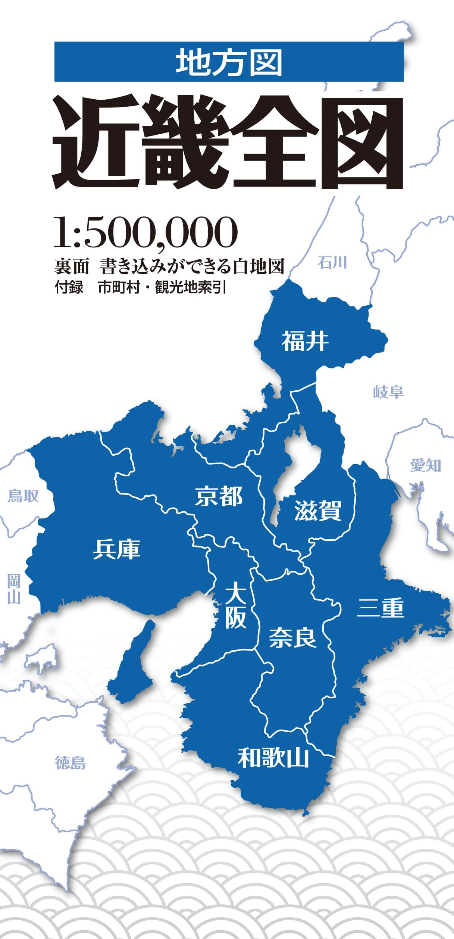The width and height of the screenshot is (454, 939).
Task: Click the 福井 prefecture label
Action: tap(305, 341)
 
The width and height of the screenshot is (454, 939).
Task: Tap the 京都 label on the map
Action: tap(219, 496)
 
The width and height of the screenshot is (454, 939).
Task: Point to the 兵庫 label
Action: tap(116, 549)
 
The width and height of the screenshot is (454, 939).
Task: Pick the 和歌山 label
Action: tap(273, 757)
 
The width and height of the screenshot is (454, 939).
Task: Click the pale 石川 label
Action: tap(332, 263)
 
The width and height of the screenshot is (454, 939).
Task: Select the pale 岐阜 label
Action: tap(388, 392)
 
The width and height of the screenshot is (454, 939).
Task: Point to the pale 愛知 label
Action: tap(425, 465)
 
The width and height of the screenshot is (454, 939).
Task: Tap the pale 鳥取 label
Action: tap(23, 496)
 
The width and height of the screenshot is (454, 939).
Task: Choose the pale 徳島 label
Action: tap(70, 763)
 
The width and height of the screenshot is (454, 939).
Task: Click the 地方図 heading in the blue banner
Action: tap(229, 62)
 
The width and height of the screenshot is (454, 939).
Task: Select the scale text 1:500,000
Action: tap(145, 233)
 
